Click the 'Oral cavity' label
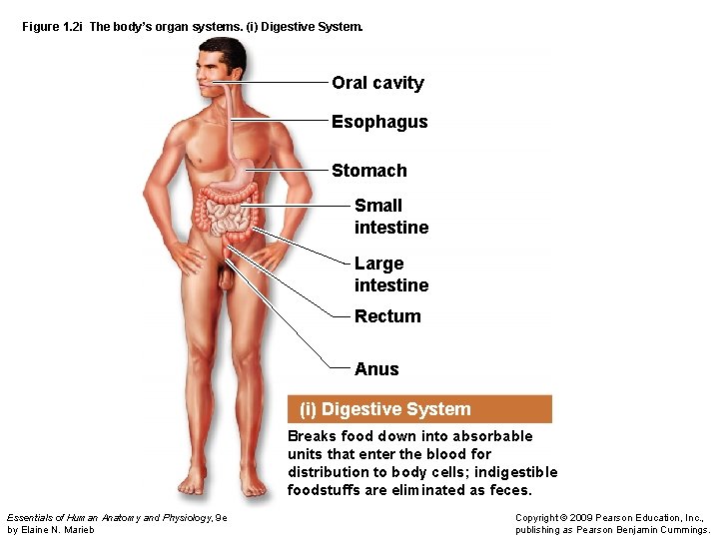[377, 83]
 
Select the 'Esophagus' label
[379, 122]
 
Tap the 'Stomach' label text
[369, 171]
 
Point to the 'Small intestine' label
[390, 217]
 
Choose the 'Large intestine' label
[390, 274]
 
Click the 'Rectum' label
[387, 316]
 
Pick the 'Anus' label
[376, 369]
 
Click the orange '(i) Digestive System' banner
[419, 409]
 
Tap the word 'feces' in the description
[511, 490]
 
